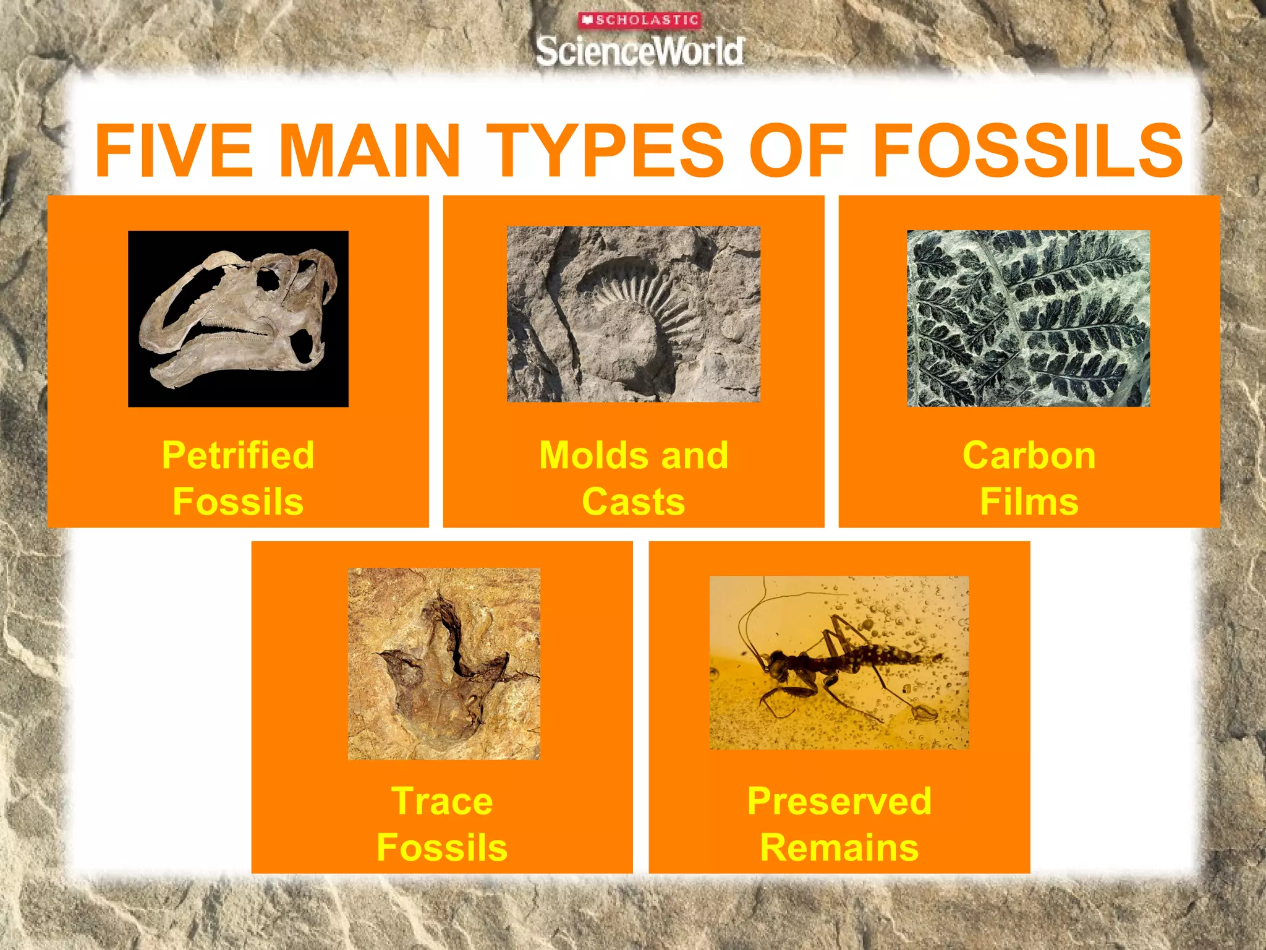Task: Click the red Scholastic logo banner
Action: click(639, 20)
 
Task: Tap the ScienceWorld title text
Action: click(640, 51)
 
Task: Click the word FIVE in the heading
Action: click(174, 150)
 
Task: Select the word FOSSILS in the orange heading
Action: click(1027, 150)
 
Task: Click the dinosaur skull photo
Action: click(238, 319)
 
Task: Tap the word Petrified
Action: click(238, 455)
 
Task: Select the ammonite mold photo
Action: click(633, 314)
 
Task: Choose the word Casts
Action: click(633, 501)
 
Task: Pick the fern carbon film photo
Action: click(1028, 319)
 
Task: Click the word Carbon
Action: click(1029, 455)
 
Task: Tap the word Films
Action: click(1029, 501)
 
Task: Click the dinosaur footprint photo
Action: click(444, 663)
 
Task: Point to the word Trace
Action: click(442, 801)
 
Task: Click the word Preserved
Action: click(839, 801)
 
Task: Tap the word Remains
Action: click(839, 847)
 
